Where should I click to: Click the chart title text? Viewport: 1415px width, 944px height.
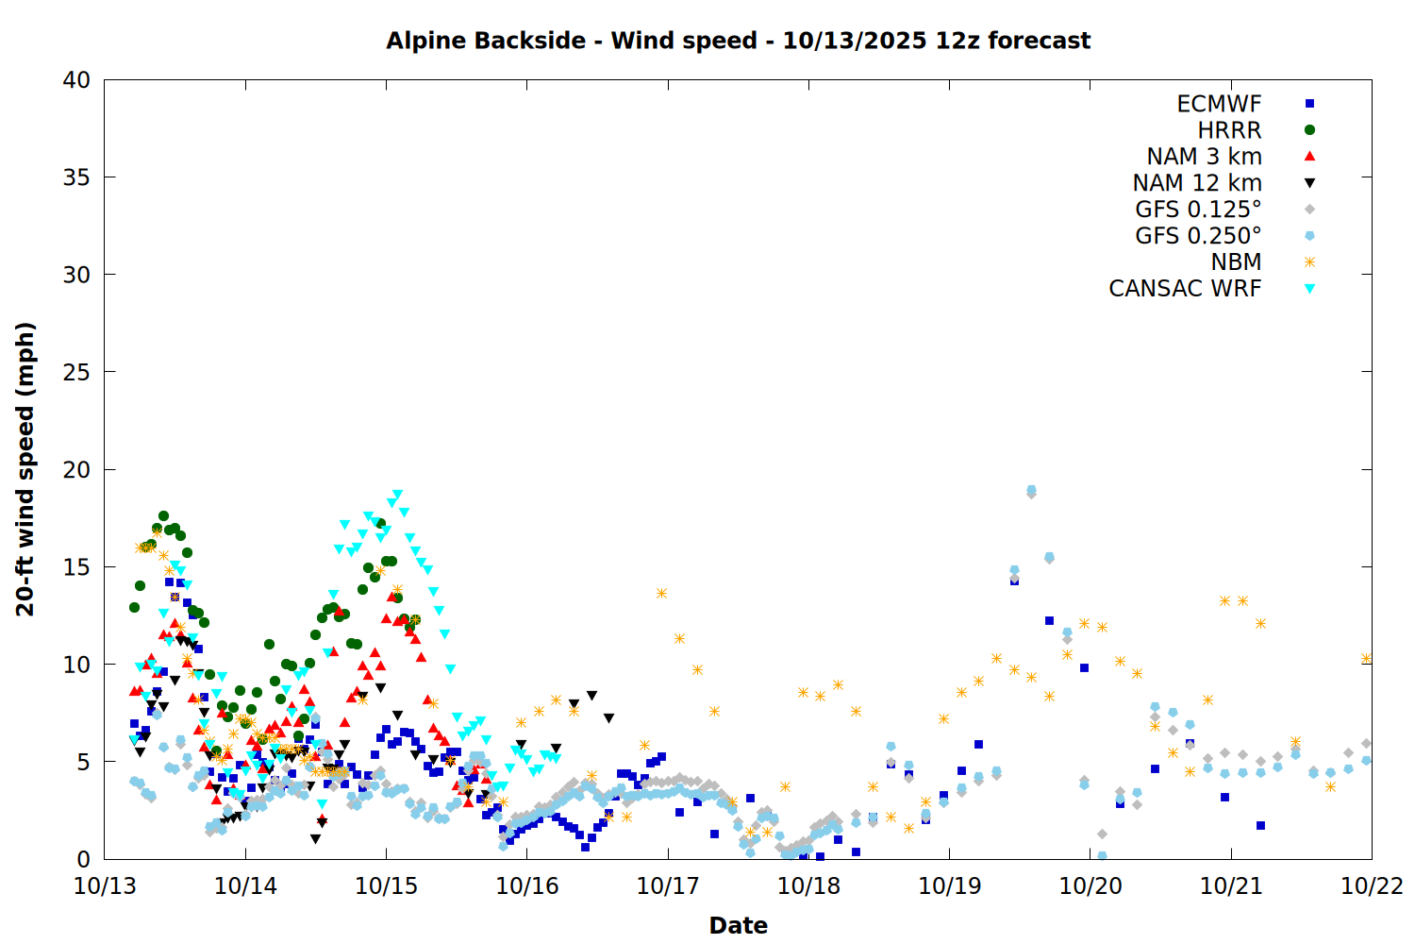point(738,41)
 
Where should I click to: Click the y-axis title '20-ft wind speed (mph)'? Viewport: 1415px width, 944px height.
point(25,469)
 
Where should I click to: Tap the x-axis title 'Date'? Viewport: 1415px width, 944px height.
point(738,925)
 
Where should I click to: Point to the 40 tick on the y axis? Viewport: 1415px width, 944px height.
point(76,80)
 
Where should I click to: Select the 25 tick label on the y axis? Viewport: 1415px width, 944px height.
point(76,372)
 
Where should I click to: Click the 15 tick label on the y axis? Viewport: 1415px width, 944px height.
point(76,567)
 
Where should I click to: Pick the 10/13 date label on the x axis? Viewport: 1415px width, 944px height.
point(104,886)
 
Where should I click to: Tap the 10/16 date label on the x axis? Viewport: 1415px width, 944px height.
point(526,886)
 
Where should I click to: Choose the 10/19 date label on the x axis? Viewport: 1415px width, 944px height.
point(949,886)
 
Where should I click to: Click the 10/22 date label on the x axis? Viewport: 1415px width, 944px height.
point(1372,886)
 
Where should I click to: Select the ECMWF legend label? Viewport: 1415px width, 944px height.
point(1219,104)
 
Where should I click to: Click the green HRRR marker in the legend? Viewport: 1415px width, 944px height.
point(1309,130)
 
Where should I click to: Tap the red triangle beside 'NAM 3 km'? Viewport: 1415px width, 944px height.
point(1309,157)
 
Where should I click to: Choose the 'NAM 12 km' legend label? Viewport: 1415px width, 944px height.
point(1197,183)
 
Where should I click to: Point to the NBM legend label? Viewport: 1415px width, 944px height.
point(1236,262)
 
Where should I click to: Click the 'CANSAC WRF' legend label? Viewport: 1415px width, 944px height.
point(1185,289)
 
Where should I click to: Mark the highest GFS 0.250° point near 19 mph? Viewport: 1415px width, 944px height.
point(1031,490)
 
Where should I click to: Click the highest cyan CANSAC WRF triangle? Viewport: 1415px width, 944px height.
point(397,495)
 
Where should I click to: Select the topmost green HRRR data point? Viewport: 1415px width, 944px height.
point(163,516)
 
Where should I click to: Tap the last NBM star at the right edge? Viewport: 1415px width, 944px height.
point(1366,659)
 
